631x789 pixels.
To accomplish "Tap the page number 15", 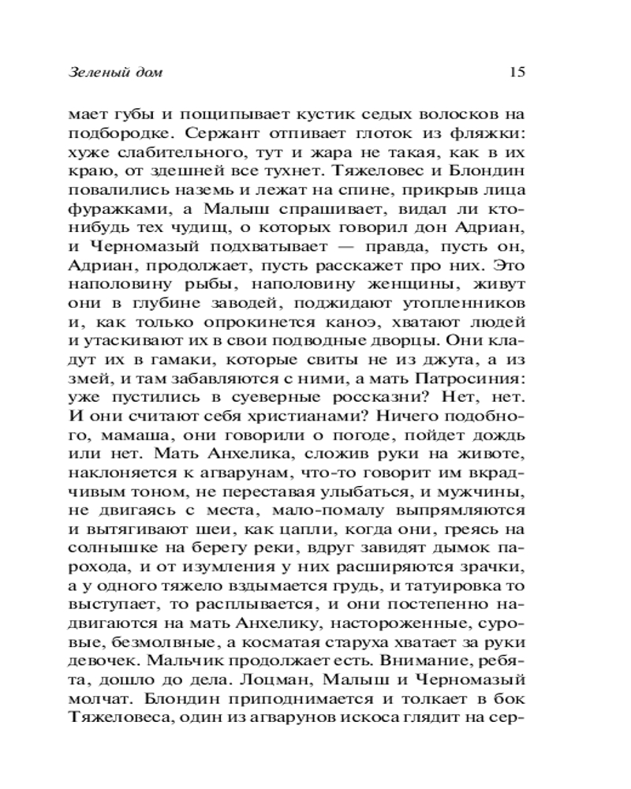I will tap(517, 73).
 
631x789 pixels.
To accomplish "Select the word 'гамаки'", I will tap(177, 363).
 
